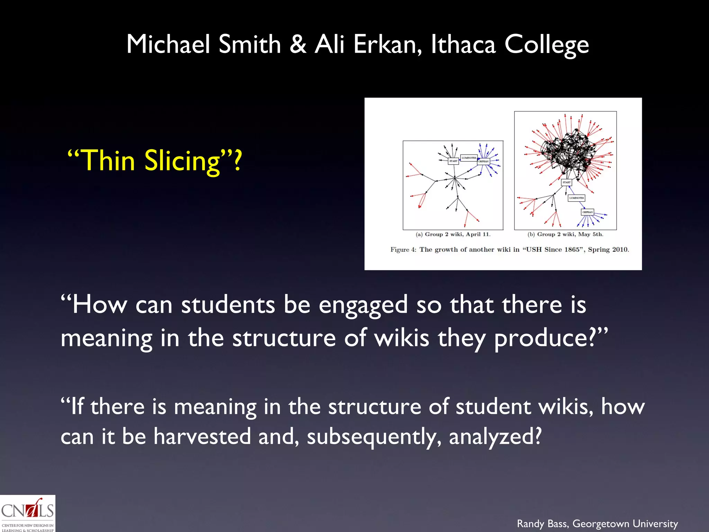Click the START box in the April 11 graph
point(453,161)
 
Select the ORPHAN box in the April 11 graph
point(483,161)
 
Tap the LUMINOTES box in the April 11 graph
point(469,158)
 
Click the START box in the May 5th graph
point(566,182)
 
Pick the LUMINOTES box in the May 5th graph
point(576,198)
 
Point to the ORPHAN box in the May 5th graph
point(587,212)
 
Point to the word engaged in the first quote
point(363,305)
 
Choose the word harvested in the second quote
point(202,436)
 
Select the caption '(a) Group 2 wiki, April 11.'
point(453,234)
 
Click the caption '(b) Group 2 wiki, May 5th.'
point(565,234)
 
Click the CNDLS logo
point(27,513)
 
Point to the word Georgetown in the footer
point(601,523)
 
